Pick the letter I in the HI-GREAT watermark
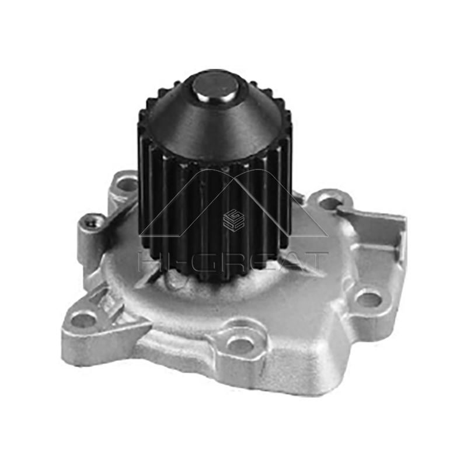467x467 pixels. click(x=170, y=261)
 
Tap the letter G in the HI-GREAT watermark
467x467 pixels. click(x=202, y=261)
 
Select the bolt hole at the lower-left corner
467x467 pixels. click(x=84, y=319)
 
